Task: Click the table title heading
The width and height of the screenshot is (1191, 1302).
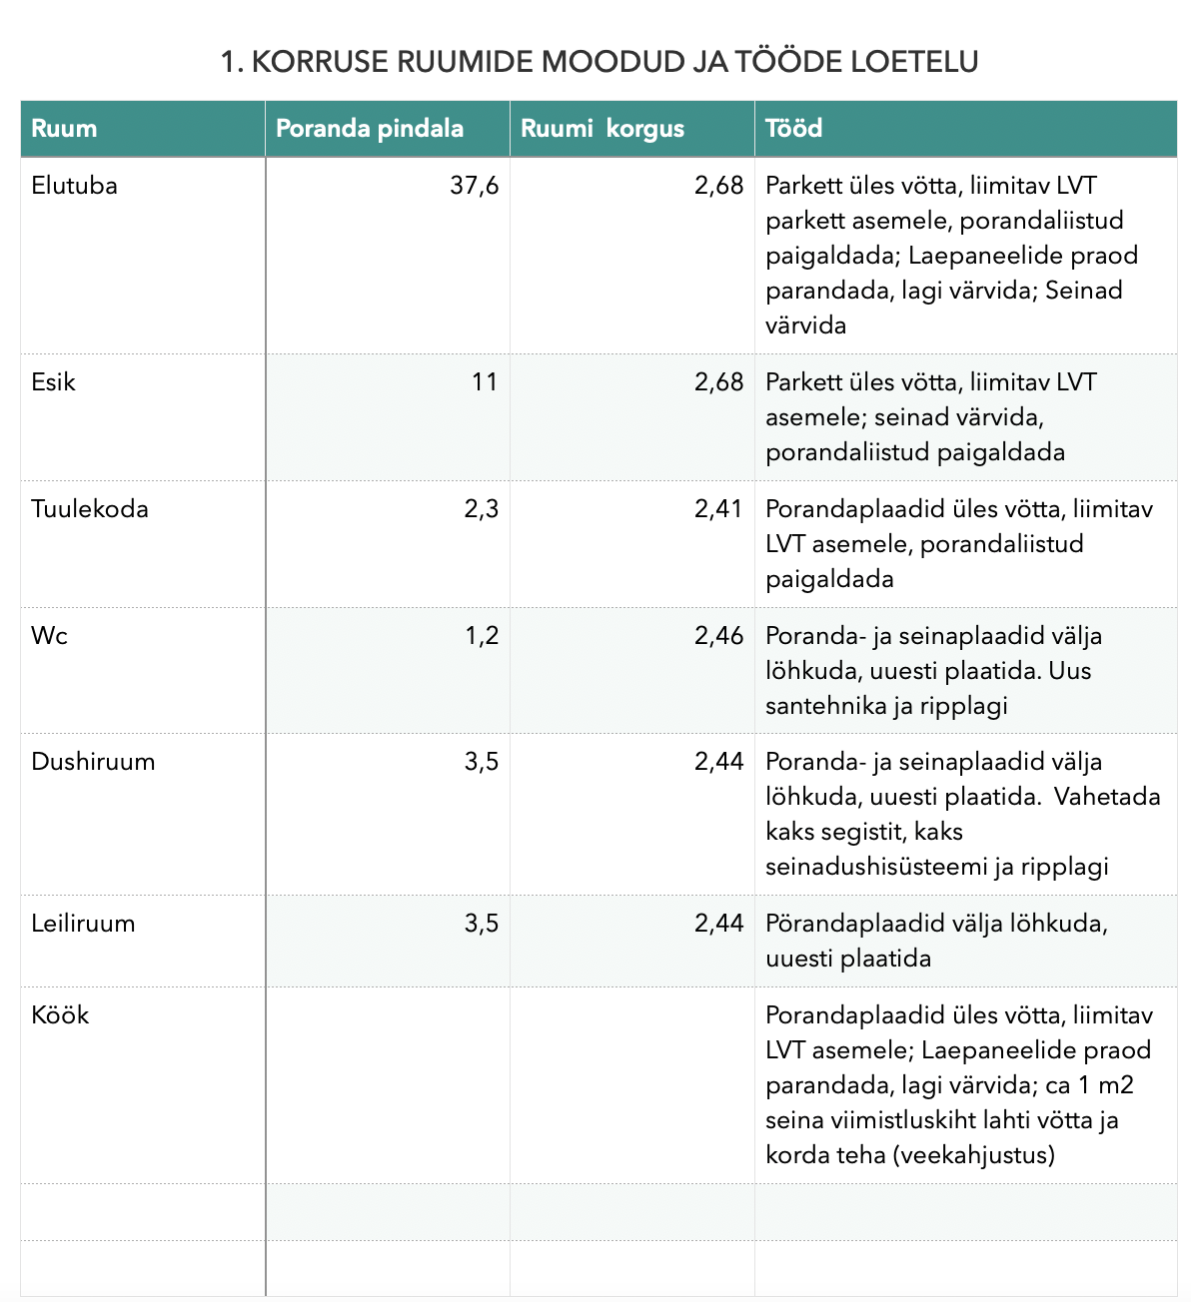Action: tap(598, 62)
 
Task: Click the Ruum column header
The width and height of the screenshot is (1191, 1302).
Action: tap(64, 129)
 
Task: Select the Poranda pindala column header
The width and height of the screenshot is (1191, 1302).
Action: tap(369, 129)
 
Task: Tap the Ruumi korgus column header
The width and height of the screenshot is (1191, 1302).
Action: tap(602, 129)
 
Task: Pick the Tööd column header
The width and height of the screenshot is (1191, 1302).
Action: tap(793, 129)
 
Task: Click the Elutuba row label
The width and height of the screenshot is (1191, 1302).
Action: tap(74, 186)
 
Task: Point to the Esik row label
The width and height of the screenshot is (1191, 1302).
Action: tap(53, 382)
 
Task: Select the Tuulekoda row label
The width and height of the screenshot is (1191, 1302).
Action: tap(90, 509)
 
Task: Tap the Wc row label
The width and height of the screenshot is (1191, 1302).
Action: tap(49, 636)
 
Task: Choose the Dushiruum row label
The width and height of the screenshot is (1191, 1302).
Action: tap(93, 762)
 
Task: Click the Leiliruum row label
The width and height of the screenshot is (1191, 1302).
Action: tap(83, 924)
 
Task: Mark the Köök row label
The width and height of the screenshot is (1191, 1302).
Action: tap(60, 1015)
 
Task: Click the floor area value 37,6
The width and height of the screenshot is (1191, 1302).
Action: tap(475, 186)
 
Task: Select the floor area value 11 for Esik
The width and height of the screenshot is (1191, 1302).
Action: tap(485, 382)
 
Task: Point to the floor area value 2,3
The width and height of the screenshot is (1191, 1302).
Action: tap(481, 509)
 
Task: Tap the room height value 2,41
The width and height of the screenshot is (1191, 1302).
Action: tap(718, 509)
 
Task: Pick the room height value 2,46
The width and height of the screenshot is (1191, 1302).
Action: tap(718, 636)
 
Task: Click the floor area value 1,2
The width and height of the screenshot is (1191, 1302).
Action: tap(482, 636)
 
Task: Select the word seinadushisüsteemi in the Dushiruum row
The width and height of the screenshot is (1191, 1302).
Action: tap(876, 867)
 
